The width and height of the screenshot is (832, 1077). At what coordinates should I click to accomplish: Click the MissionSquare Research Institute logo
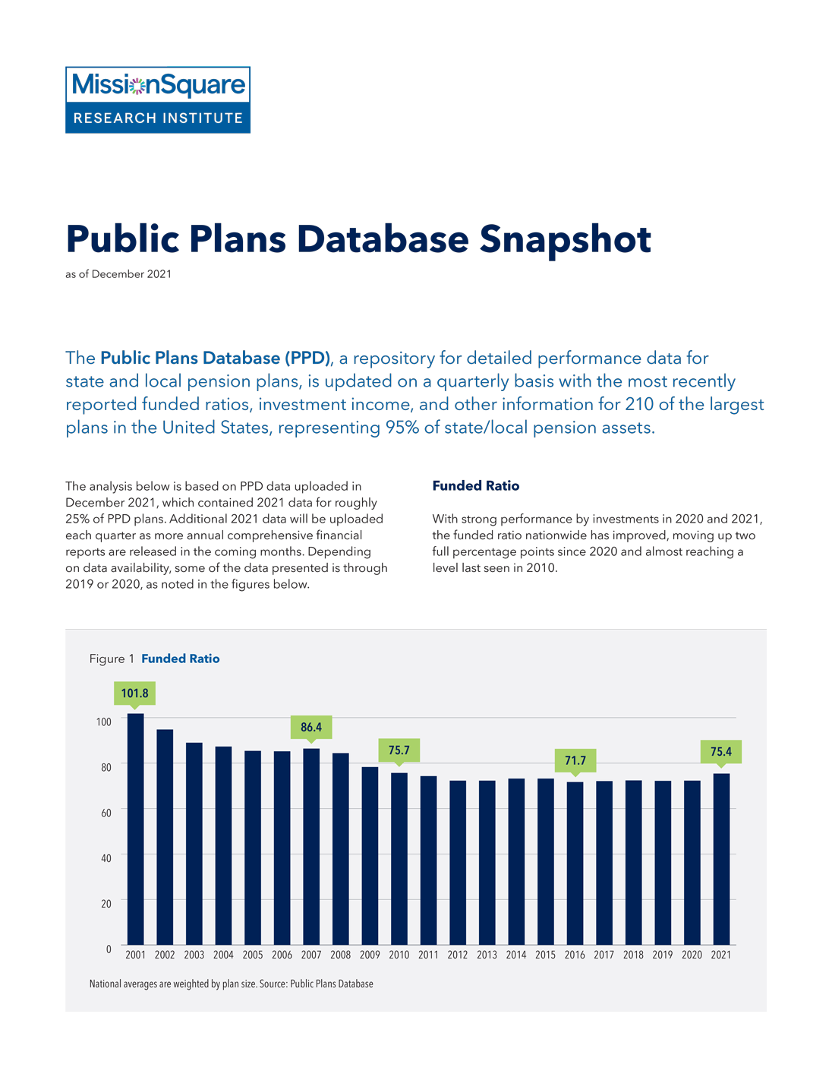158,100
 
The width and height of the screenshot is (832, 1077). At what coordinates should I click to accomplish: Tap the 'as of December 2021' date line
118,274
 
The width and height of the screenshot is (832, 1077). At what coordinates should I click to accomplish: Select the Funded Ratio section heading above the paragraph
476,486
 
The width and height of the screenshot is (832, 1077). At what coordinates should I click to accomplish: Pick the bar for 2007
311,846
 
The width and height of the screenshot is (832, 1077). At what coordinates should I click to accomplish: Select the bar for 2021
721,858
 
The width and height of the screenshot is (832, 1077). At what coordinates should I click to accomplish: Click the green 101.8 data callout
135,693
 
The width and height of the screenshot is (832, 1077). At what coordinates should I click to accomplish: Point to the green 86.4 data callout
311,728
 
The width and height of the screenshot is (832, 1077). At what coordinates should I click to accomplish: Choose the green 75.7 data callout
399,750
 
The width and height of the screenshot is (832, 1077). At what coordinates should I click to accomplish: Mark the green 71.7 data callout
575,760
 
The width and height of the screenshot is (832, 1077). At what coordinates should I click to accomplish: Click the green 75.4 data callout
721,752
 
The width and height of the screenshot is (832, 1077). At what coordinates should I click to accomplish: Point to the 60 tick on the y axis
106,813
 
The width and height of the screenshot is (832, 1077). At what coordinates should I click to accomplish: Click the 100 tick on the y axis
104,722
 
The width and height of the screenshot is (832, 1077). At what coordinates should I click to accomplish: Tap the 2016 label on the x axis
575,955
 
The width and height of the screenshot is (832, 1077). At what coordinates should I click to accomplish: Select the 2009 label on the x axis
370,955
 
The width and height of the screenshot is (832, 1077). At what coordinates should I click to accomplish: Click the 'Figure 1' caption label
112,659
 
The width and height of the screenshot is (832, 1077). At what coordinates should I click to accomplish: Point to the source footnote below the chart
232,984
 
